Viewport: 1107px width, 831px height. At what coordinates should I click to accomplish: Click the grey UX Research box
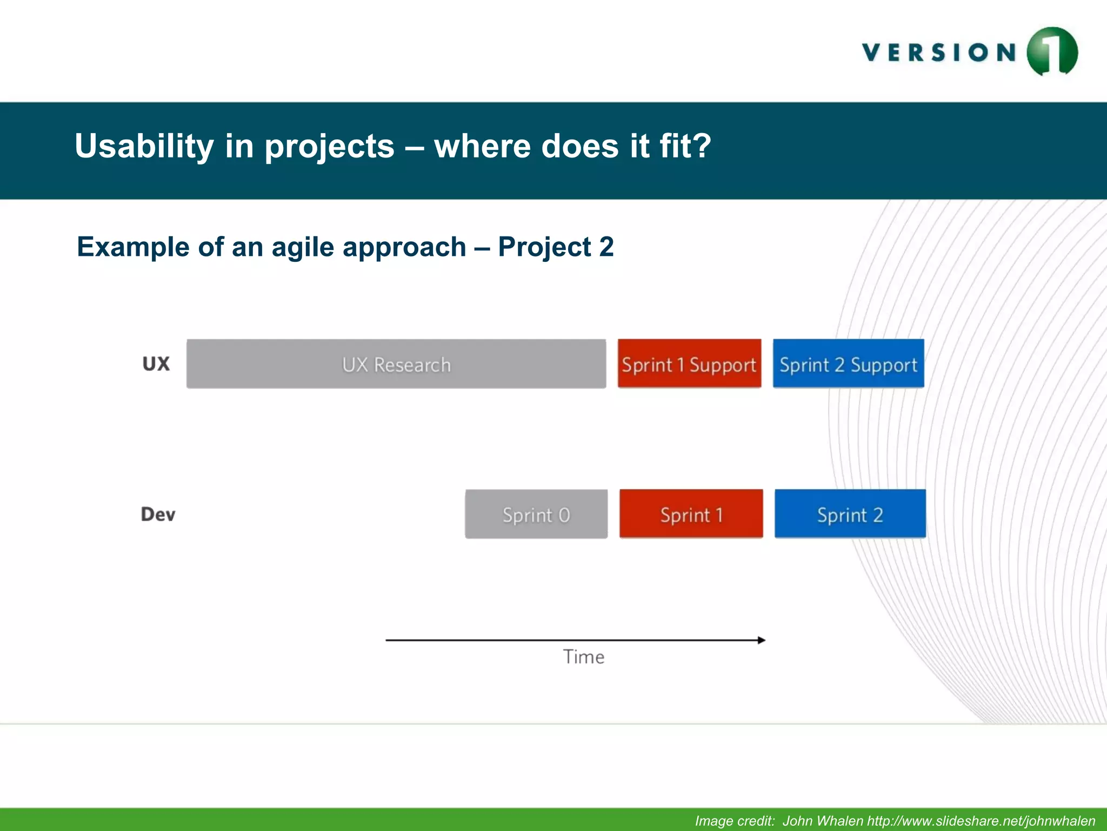click(396, 364)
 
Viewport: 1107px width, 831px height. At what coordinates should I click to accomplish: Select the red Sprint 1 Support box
click(689, 364)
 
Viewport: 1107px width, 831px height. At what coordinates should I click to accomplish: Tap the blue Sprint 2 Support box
click(848, 364)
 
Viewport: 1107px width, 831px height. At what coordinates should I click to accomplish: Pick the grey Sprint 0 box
click(536, 514)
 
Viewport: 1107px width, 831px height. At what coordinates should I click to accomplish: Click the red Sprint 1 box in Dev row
click(691, 514)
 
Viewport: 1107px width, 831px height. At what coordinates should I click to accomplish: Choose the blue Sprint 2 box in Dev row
click(850, 514)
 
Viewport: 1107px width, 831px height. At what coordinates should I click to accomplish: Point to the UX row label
click(156, 364)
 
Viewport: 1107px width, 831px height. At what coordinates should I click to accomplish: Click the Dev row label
click(158, 514)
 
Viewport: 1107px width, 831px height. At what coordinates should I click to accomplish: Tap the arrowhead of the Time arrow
click(762, 640)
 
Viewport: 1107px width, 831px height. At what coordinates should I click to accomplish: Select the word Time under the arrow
click(584, 657)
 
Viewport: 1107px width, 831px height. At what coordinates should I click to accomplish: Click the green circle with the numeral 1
click(1052, 52)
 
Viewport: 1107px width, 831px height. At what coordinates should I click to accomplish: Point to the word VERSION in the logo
click(939, 53)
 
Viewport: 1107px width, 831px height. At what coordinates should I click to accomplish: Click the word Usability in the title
click(144, 147)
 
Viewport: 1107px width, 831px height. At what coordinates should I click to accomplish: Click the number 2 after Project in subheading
click(606, 247)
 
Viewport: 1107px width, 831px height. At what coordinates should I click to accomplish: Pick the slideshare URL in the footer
click(981, 821)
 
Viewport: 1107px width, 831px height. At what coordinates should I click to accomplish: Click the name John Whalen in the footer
click(823, 821)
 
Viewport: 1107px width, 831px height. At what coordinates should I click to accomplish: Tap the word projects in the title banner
click(329, 147)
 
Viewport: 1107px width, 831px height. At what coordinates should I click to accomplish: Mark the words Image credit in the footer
click(735, 821)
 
